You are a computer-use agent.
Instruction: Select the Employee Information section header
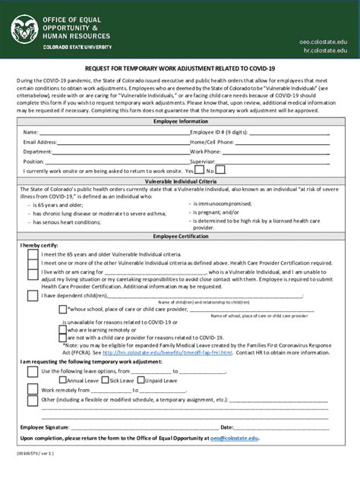(179, 121)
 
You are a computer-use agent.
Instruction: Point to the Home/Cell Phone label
(212, 142)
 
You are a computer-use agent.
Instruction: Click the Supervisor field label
(204, 162)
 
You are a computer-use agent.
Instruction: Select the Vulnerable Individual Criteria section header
(179, 181)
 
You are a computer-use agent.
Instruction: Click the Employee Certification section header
(179, 237)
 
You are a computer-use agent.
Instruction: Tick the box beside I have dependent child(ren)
(32, 295)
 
